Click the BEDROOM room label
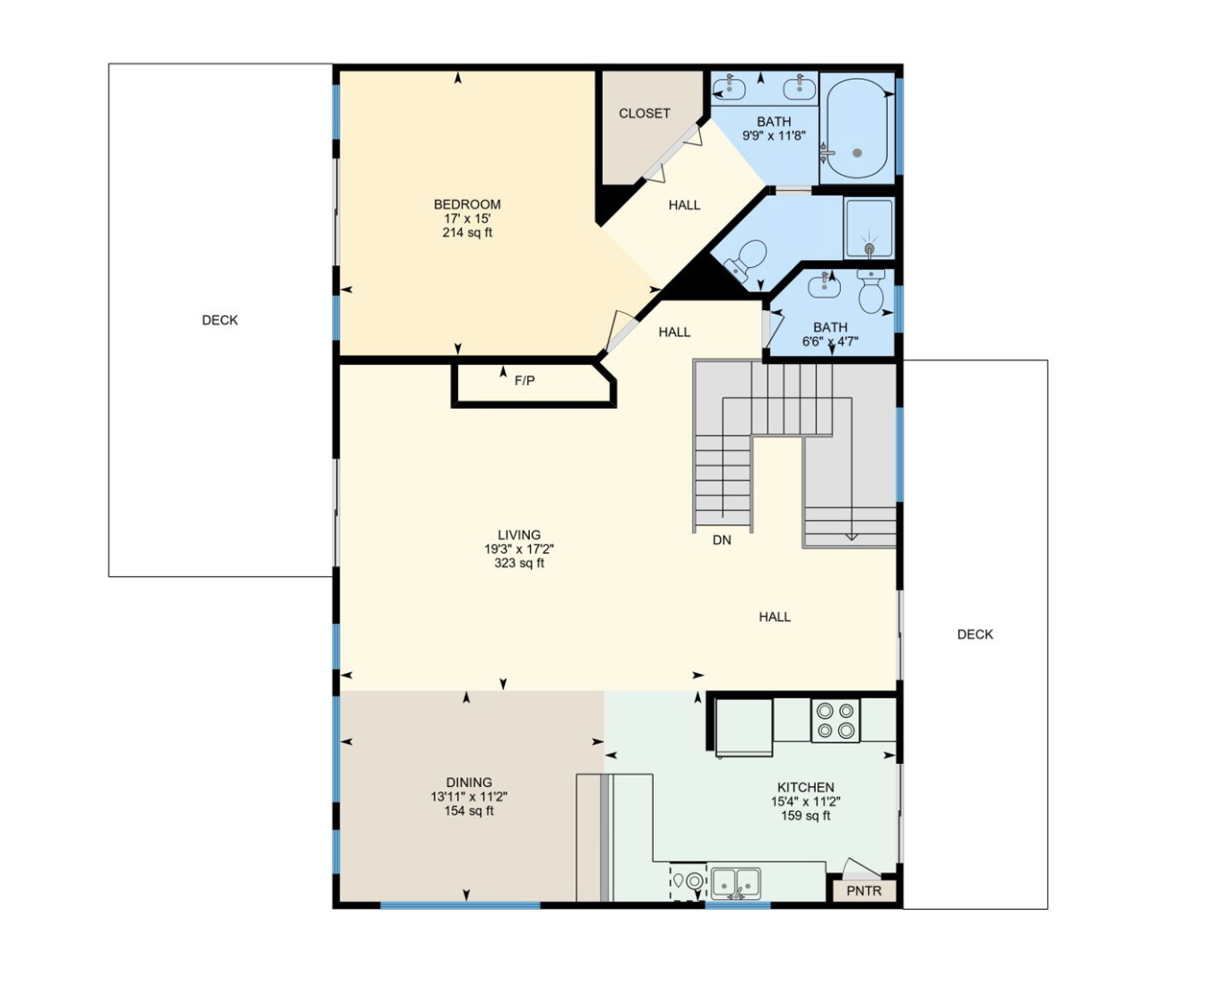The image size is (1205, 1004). click(467, 204)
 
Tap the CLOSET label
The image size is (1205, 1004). click(644, 113)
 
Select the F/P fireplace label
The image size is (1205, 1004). click(524, 381)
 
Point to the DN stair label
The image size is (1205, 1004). click(722, 541)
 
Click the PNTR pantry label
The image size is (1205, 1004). click(863, 891)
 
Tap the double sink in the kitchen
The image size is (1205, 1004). click(736, 883)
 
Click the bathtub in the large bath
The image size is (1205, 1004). click(857, 130)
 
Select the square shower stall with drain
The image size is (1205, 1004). click(868, 229)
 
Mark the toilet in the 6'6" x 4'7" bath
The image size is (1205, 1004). click(871, 292)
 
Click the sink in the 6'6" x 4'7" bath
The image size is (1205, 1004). click(824, 287)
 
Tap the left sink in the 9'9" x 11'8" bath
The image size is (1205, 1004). click(731, 88)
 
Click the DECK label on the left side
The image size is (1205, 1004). click(220, 320)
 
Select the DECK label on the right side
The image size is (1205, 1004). click(975, 635)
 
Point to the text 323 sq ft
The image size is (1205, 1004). click(519, 564)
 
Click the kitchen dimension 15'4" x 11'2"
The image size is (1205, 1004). click(805, 802)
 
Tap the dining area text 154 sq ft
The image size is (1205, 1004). click(469, 811)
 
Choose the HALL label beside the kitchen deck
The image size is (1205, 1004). click(775, 617)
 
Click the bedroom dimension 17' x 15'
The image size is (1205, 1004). click(467, 219)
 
